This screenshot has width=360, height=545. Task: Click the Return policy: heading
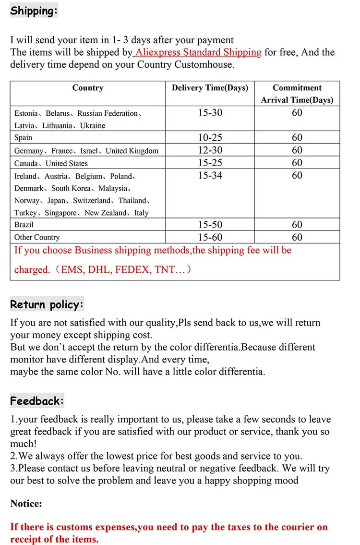[x=47, y=304]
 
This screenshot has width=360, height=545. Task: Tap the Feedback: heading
[x=37, y=401]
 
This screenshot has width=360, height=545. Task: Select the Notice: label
[x=26, y=504]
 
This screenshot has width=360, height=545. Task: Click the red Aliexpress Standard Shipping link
[x=198, y=52]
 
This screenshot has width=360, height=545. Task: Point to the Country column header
[x=88, y=88]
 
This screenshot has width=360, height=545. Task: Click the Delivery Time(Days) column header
[x=210, y=88]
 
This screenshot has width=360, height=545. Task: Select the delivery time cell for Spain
[x=210, y=138]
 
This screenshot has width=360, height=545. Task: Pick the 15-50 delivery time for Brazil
[x=210, y=225]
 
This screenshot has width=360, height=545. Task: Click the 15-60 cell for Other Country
[x=210, y=237]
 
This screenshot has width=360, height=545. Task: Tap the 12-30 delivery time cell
[x=210, y=150]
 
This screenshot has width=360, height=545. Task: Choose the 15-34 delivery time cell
[x=210, y=175]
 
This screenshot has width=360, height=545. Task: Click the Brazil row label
[x=24, y=225]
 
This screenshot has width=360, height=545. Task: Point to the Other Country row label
[x=37, y=237]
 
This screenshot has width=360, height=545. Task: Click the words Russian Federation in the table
[x=108, y=114]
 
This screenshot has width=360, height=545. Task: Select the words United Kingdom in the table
[x=132, y=151]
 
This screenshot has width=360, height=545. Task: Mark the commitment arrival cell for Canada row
[x=297, y=163]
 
